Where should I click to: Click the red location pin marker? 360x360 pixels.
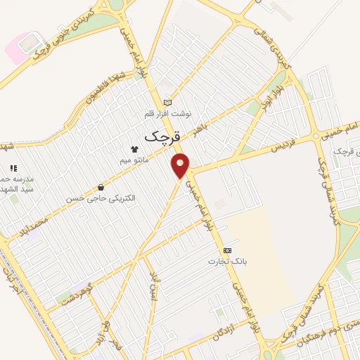[181, 165]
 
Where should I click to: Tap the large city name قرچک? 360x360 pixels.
[164, 136]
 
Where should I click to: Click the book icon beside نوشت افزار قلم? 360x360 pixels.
[167, 103]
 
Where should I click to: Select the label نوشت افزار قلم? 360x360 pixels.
[167, 113]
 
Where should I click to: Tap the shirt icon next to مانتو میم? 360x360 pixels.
[134, 148]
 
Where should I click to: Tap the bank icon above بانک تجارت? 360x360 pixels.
[226, 250]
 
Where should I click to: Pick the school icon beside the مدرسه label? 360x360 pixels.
[13, 168]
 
